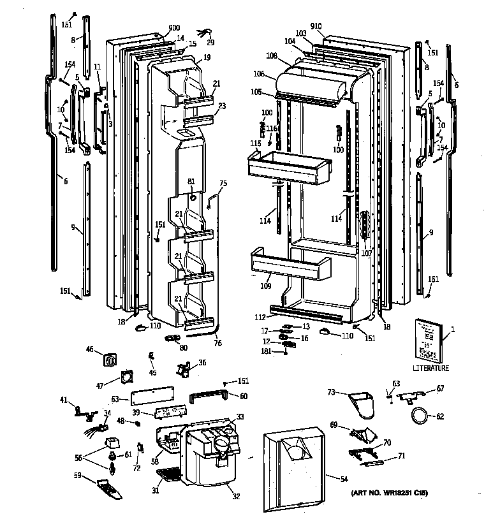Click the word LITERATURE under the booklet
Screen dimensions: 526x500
430,368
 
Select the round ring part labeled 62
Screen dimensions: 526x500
420,417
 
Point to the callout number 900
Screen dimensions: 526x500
156,28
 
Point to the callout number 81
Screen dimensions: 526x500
191,182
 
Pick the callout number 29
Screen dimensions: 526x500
211,42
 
